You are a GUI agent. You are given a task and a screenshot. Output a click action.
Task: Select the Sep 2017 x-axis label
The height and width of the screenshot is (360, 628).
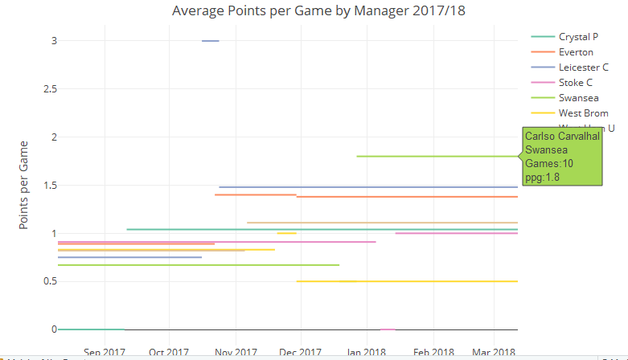105,352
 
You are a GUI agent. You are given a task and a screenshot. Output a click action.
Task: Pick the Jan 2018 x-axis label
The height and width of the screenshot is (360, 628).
367,352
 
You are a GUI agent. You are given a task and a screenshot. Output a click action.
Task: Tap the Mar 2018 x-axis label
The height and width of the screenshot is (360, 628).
494,352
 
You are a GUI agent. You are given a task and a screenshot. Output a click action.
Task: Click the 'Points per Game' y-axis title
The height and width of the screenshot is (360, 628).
23,185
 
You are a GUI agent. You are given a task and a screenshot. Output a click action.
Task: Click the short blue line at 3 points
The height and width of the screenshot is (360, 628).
211,41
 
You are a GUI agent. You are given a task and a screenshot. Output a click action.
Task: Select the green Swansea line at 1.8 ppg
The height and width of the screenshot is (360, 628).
434,157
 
